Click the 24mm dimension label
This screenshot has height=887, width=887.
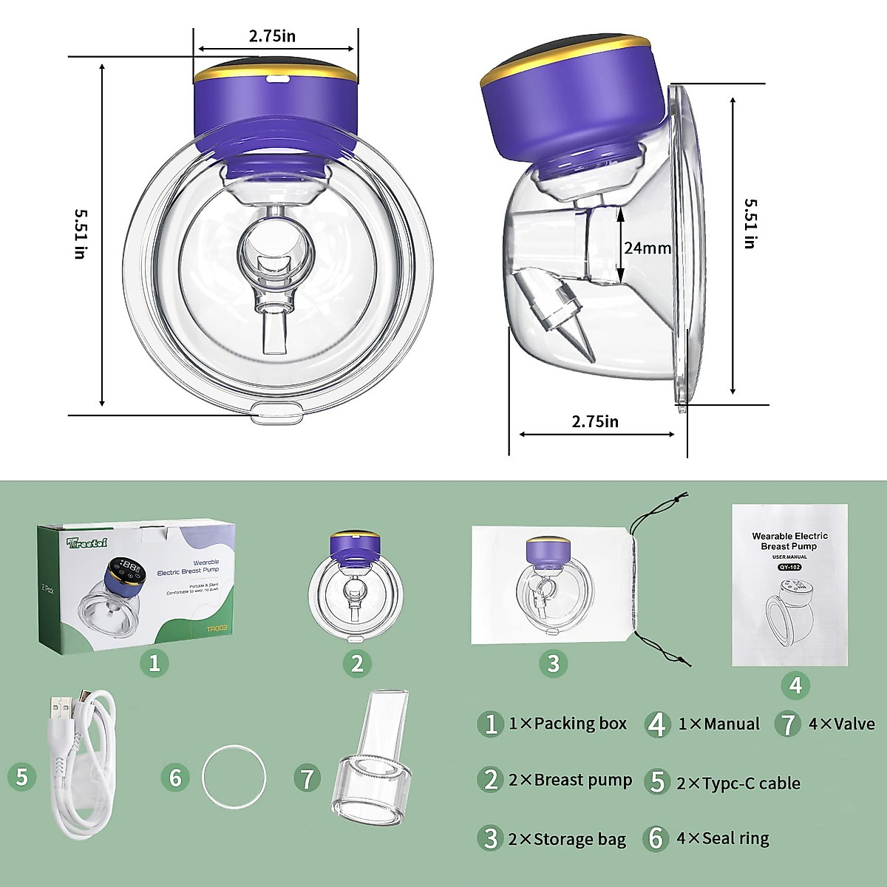[x=647, y=248]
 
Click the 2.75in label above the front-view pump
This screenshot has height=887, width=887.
[x=272, y=35]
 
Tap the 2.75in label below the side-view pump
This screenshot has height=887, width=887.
[x=595, y=421]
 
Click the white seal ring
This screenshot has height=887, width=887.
[x=235, y=778]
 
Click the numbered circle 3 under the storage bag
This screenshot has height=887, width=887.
[x=554, y=663]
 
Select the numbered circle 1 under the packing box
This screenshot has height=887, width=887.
[x=154, y=662]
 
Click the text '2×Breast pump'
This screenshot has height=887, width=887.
[x=570, y=780]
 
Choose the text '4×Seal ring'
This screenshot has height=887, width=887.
[x=722, y=838]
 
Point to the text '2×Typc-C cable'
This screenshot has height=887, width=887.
[x=738, y=784]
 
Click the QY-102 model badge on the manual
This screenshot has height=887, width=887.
[x=789, y=568]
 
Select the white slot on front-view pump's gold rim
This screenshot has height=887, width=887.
[x=278, y=76]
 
